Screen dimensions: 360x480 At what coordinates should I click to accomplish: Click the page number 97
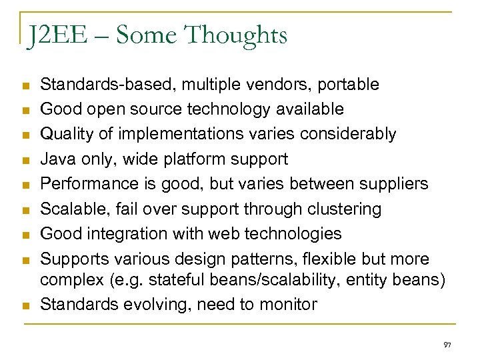[447, 345]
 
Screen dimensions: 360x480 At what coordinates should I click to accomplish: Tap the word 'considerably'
[349, 134]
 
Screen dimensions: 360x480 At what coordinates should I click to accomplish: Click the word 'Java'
[57, 159]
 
